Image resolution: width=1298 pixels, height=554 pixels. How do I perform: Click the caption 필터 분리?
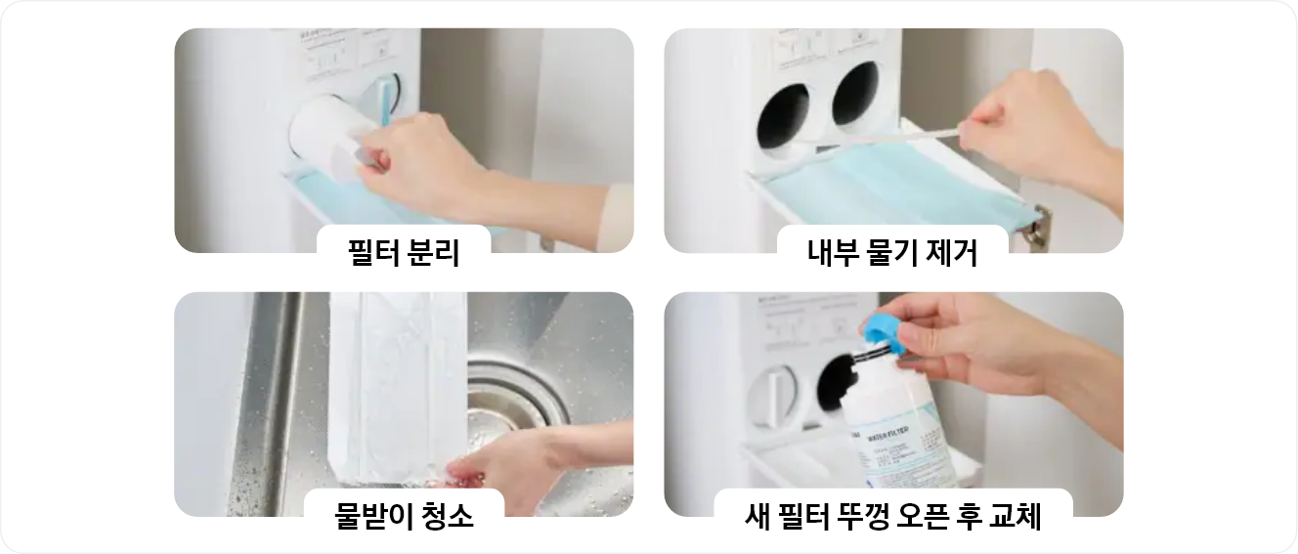(404, 253)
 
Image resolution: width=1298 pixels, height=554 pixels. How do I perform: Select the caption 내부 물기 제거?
(892, 253)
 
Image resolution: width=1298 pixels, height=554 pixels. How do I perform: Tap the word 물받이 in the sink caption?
(368, 516)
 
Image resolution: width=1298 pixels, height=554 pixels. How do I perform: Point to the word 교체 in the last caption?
(1014, 516)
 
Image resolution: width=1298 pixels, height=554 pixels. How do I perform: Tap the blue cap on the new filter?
(885, 332)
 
